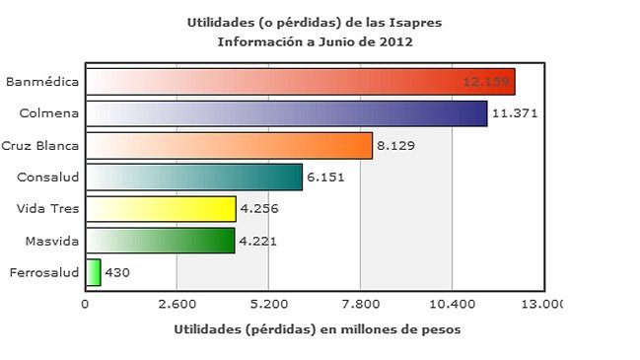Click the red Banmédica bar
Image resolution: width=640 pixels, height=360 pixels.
[300, 82]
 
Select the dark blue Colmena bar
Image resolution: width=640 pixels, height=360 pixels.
[286, 113]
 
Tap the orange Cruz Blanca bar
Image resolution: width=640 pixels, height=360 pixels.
[229, 145]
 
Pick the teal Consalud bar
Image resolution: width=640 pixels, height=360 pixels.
[194, 177]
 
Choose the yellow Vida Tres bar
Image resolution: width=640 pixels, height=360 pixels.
[161, 209]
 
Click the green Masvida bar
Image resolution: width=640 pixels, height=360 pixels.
[160, 241]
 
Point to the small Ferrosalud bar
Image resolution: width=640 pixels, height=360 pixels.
[94, 272]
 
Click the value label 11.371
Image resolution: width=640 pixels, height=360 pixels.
[513, 113]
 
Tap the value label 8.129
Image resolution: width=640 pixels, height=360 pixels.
[396, 145]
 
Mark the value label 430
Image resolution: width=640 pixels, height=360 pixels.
[117, 272]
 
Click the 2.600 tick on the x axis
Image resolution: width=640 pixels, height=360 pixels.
[177, 304]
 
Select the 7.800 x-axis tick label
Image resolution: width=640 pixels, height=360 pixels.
[360, 304]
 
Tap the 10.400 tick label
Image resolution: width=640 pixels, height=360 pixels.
[452, 304]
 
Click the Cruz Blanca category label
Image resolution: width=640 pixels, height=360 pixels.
[40, 145]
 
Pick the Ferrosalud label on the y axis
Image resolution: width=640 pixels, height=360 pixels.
[42, 272]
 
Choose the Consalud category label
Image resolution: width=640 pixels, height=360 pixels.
[49, 177]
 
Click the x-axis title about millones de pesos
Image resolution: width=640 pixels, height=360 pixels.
[316, 328]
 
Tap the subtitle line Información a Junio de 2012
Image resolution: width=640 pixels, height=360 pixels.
[316, 41]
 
